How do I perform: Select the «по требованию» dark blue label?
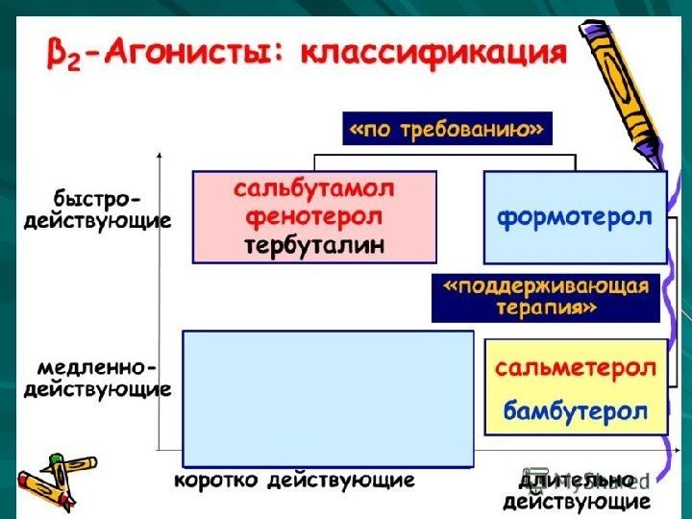coord(448,129)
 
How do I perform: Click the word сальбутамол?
coord(314,187)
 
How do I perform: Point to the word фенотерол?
coord(313,216)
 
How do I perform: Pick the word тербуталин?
coord(313,245)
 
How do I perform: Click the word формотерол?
coord(574,217)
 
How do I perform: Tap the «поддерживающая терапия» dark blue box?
coord(545,297)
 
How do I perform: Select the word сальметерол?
coord(576,368)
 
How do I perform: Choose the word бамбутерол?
coord(576,411)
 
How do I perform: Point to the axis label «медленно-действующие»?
coord(97,379)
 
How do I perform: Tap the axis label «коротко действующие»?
coord(294,480)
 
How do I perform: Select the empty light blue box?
coord(328,398)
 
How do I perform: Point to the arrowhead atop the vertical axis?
coord(160,154)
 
